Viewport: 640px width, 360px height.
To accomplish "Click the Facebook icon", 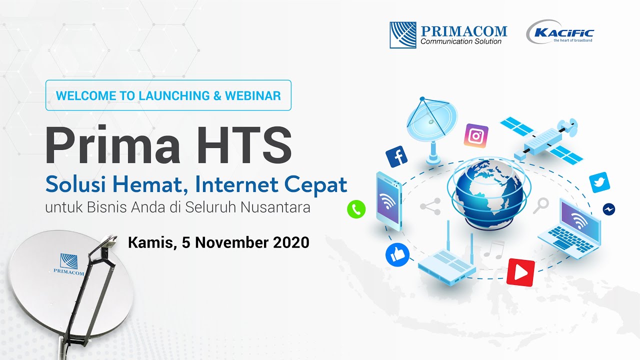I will pos(397,157).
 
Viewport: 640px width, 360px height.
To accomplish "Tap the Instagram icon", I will pos(476,136).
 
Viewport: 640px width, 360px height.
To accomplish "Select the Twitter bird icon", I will pos(600,182).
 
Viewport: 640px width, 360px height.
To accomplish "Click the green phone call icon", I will pos(356,209).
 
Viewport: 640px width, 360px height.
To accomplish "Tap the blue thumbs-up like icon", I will pos(397,255).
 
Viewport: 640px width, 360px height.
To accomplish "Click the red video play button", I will pos(520,272).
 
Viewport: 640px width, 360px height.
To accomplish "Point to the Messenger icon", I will pos(609,209).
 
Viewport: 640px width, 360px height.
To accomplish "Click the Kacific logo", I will pos(560,33).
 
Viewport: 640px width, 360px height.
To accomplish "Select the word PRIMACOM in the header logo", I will pos(464,31).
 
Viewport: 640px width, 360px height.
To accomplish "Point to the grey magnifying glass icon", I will pos(540,205).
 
